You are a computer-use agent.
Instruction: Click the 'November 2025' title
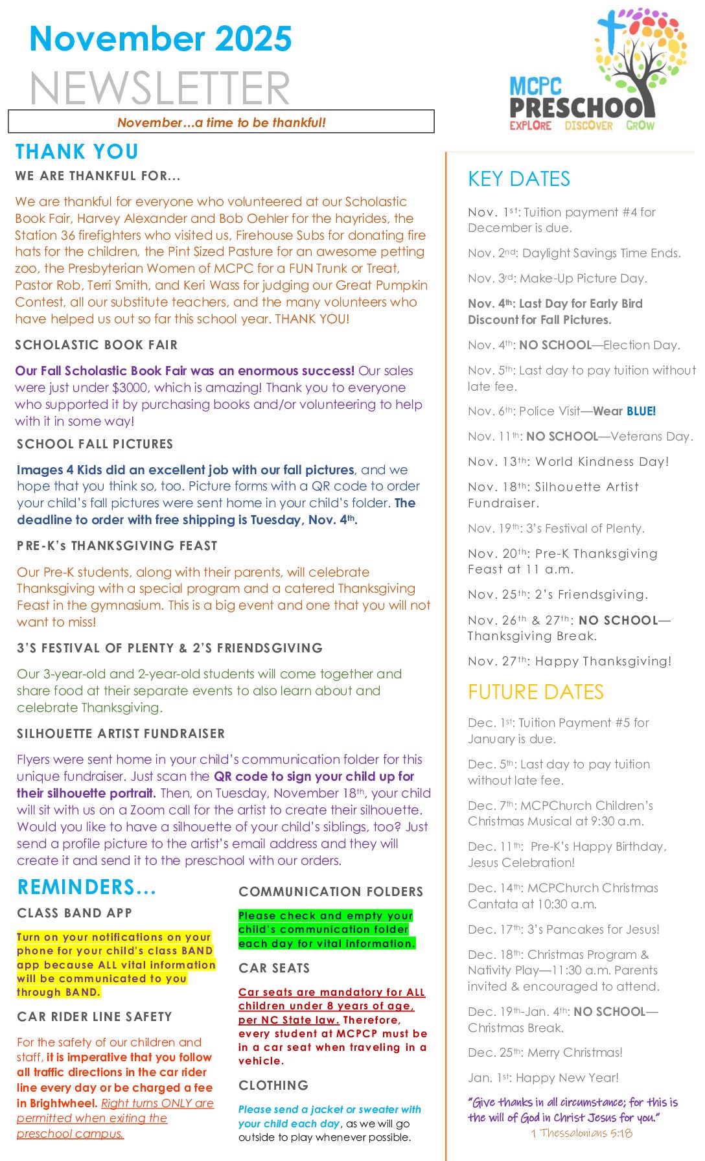[x=161, y=39]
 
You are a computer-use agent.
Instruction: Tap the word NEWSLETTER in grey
[x=160, y=88]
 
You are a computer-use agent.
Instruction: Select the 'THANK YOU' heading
[x=77, y=152]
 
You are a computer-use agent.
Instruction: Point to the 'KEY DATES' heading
[x=519, y=179]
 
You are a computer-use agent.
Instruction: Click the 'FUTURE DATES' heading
[x=535, y=692]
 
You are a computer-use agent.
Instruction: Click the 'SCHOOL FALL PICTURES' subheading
[x=95, y=444]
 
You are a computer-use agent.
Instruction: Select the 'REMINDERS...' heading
[x=87, y=887]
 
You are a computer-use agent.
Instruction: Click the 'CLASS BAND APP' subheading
[x=75, y=913]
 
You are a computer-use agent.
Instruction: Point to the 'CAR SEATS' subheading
[x=274, y=968]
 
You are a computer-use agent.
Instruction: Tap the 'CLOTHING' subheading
[x=273, y=1085]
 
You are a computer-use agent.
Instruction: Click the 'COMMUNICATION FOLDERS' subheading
[x=330, y=891]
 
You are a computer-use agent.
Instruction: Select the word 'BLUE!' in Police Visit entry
[x=641, y=411]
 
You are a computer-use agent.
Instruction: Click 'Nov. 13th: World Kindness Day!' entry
[x=568, y=461]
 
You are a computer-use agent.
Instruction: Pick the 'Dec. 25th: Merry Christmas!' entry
[x=545, y=1052]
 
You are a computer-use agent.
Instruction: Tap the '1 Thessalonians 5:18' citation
[x=581, y=1133]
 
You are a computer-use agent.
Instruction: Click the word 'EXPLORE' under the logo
[x=530, y=126]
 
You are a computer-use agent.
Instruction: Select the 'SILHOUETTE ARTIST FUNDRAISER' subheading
[x=121, y=733]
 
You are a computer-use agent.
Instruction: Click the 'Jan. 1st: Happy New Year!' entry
[x=543, y=1077]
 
